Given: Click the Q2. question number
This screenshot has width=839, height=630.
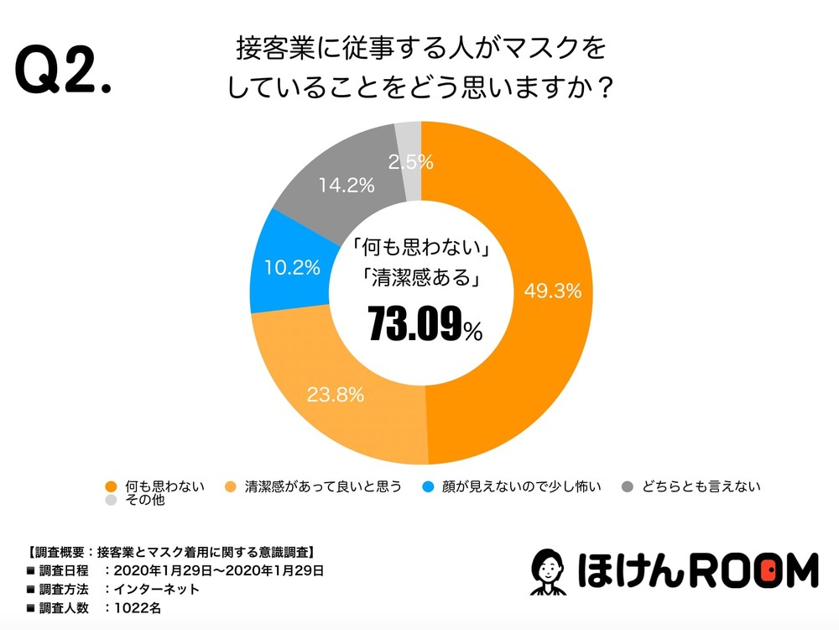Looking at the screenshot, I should coord(63,72).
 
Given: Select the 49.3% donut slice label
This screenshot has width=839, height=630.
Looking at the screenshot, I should coord(553,291).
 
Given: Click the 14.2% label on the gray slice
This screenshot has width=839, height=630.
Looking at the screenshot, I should coord(346,186).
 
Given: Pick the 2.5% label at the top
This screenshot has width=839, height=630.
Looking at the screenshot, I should coord(410,161).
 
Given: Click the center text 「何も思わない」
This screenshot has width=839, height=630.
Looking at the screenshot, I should coord(419,249).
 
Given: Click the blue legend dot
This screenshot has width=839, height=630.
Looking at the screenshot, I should coord(429,486).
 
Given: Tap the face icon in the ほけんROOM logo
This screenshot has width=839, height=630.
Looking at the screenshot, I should coord(550,573).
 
